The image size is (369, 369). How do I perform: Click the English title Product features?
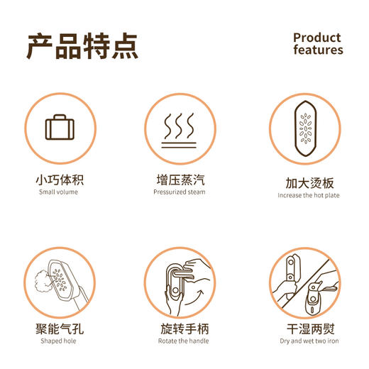[317, 43]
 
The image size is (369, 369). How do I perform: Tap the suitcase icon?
[60, 128]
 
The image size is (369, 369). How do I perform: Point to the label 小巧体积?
[60, 180]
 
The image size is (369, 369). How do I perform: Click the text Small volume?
[60, 192]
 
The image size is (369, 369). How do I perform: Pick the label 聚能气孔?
[60, 329]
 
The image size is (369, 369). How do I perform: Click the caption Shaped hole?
[60, 341]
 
